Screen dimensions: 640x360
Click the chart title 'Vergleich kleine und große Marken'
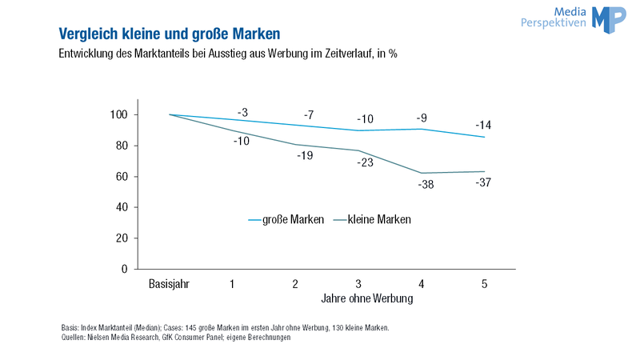170,34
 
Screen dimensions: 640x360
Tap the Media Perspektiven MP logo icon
609,19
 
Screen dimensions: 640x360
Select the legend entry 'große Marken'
286,219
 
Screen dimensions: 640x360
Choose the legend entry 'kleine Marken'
372,219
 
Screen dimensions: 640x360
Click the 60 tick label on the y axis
122,177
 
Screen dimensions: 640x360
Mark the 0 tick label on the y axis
125,269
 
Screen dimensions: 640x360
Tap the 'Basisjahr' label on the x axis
169,284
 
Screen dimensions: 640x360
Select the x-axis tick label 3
358,284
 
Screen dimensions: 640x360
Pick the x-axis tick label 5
485,284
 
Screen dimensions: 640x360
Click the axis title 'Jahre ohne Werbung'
367,298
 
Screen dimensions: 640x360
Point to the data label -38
426,185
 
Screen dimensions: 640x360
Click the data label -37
483,182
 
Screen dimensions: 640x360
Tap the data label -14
483,126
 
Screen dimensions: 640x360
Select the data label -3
243,113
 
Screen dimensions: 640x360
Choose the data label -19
306,155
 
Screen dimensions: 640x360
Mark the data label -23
366,163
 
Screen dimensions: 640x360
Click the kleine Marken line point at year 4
422,173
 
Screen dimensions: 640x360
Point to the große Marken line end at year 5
485,137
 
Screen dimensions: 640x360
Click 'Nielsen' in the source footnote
97,338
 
